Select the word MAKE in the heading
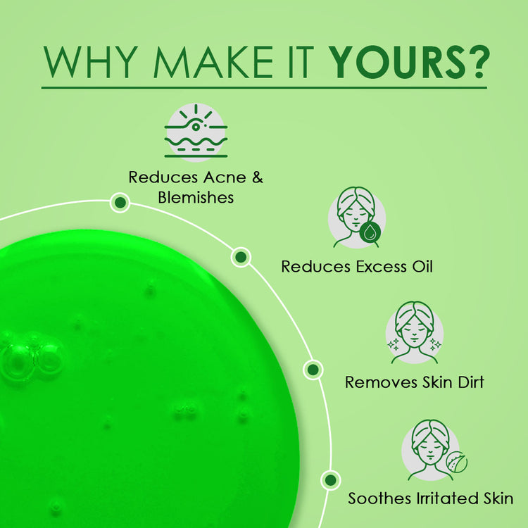213,62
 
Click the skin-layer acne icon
196,132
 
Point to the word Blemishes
196,198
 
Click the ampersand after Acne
258,177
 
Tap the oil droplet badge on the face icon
370,232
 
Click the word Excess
381,267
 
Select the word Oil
422,266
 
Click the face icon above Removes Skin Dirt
415,333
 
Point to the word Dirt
471,382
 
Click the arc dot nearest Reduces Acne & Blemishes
120,202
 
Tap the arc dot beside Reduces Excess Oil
241,257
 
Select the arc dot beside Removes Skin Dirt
313,370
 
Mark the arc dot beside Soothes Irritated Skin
331,480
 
